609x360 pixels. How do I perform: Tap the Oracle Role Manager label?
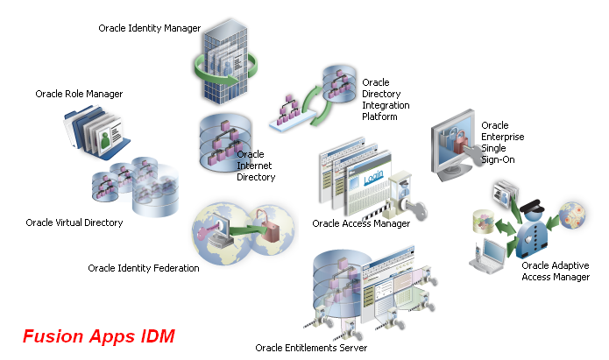pyautogui.click(x=79, y=94)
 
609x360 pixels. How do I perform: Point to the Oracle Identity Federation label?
pyautogui.click(x=144, y=268)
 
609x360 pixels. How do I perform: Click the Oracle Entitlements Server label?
pyautogui.click(x=311, y=348)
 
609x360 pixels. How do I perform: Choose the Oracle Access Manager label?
pyautogui.click(x=361, y=223)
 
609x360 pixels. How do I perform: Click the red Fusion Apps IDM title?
pyautogui.click(x=99, y=336)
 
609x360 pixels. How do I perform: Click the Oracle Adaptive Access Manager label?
pyautogui.click(x=556, y=272)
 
